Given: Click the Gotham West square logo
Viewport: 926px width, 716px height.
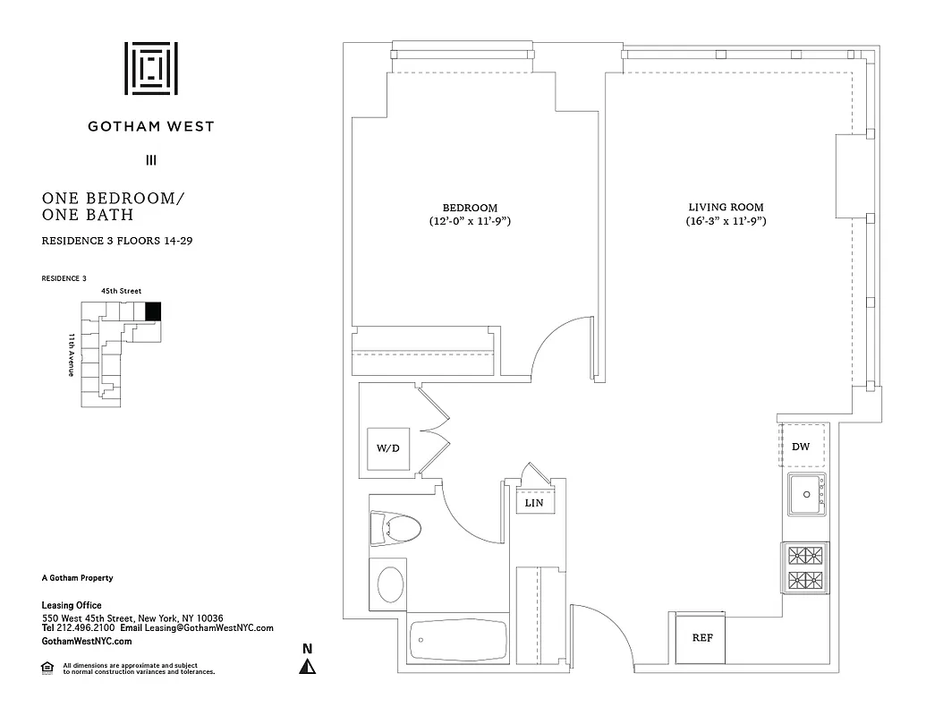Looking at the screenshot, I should click(150, 68).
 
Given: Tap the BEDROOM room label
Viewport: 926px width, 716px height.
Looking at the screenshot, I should click(470, 208).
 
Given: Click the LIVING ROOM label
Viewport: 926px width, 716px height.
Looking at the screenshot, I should click(726, 208).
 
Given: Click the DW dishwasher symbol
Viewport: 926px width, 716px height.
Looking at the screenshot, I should click(801, 447).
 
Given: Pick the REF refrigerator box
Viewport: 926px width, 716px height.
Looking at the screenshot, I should click(701, 638).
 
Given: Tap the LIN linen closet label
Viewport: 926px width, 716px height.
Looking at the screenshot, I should click(534, 504).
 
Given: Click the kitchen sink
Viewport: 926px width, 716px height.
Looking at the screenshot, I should click(807, 495).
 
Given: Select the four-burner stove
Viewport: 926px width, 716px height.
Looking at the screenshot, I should click(804, 567).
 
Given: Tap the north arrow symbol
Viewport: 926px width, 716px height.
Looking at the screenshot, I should click(307, 665).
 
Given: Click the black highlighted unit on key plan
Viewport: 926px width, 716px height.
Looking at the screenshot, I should click(153, 311).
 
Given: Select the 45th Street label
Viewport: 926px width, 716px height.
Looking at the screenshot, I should click(121, 292).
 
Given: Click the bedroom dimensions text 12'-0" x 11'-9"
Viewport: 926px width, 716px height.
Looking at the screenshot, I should click(470, 221).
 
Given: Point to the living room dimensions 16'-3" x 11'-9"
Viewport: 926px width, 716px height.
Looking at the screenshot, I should click(726, 221).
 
